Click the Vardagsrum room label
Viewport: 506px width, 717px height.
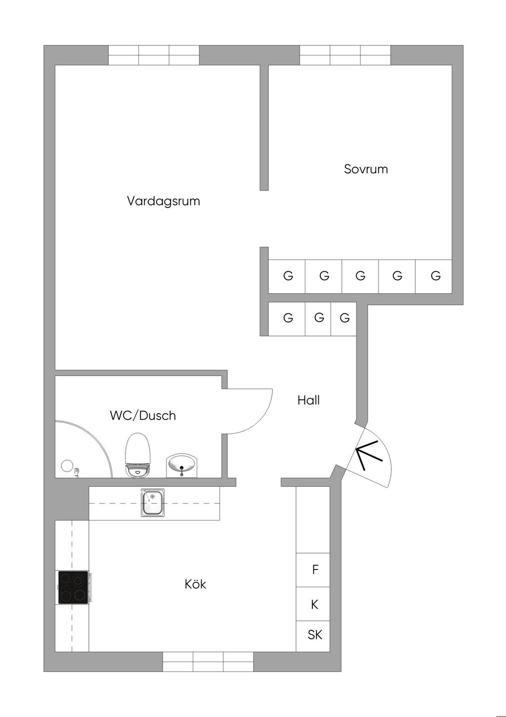pos(163,201)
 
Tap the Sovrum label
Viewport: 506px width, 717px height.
pos(366,169)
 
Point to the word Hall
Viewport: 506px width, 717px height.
pos(308,400)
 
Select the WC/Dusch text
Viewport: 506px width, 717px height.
pos(143,415)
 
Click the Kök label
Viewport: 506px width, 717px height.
pos(195,584)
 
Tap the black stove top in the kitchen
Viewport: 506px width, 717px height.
pos(73,587)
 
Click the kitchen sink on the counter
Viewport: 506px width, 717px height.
pos(153,503)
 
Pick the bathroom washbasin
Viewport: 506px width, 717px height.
pos(181,465)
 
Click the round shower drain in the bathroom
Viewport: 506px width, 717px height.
pos(67,466)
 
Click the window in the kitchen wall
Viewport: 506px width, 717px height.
pos(208,662)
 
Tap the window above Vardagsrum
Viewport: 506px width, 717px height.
pos(154,55)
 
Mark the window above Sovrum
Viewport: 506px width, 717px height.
pos(345,55)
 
